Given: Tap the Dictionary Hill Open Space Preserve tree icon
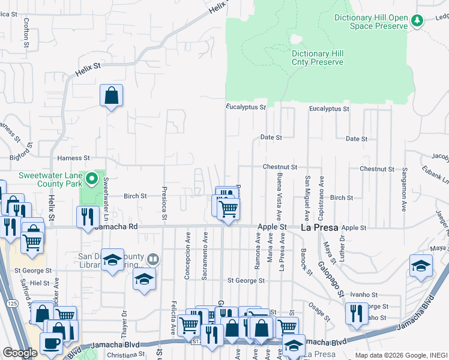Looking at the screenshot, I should [417, 21].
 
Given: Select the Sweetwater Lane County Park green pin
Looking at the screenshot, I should [91, 178].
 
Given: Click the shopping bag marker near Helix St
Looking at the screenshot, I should [112, 95].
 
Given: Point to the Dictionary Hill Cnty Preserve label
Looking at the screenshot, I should [318, 58].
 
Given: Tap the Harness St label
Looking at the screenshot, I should [73, 158].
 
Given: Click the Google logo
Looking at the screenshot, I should [20, 353].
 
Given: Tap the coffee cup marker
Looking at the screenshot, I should [52, 343].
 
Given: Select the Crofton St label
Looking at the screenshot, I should [26, 32].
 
